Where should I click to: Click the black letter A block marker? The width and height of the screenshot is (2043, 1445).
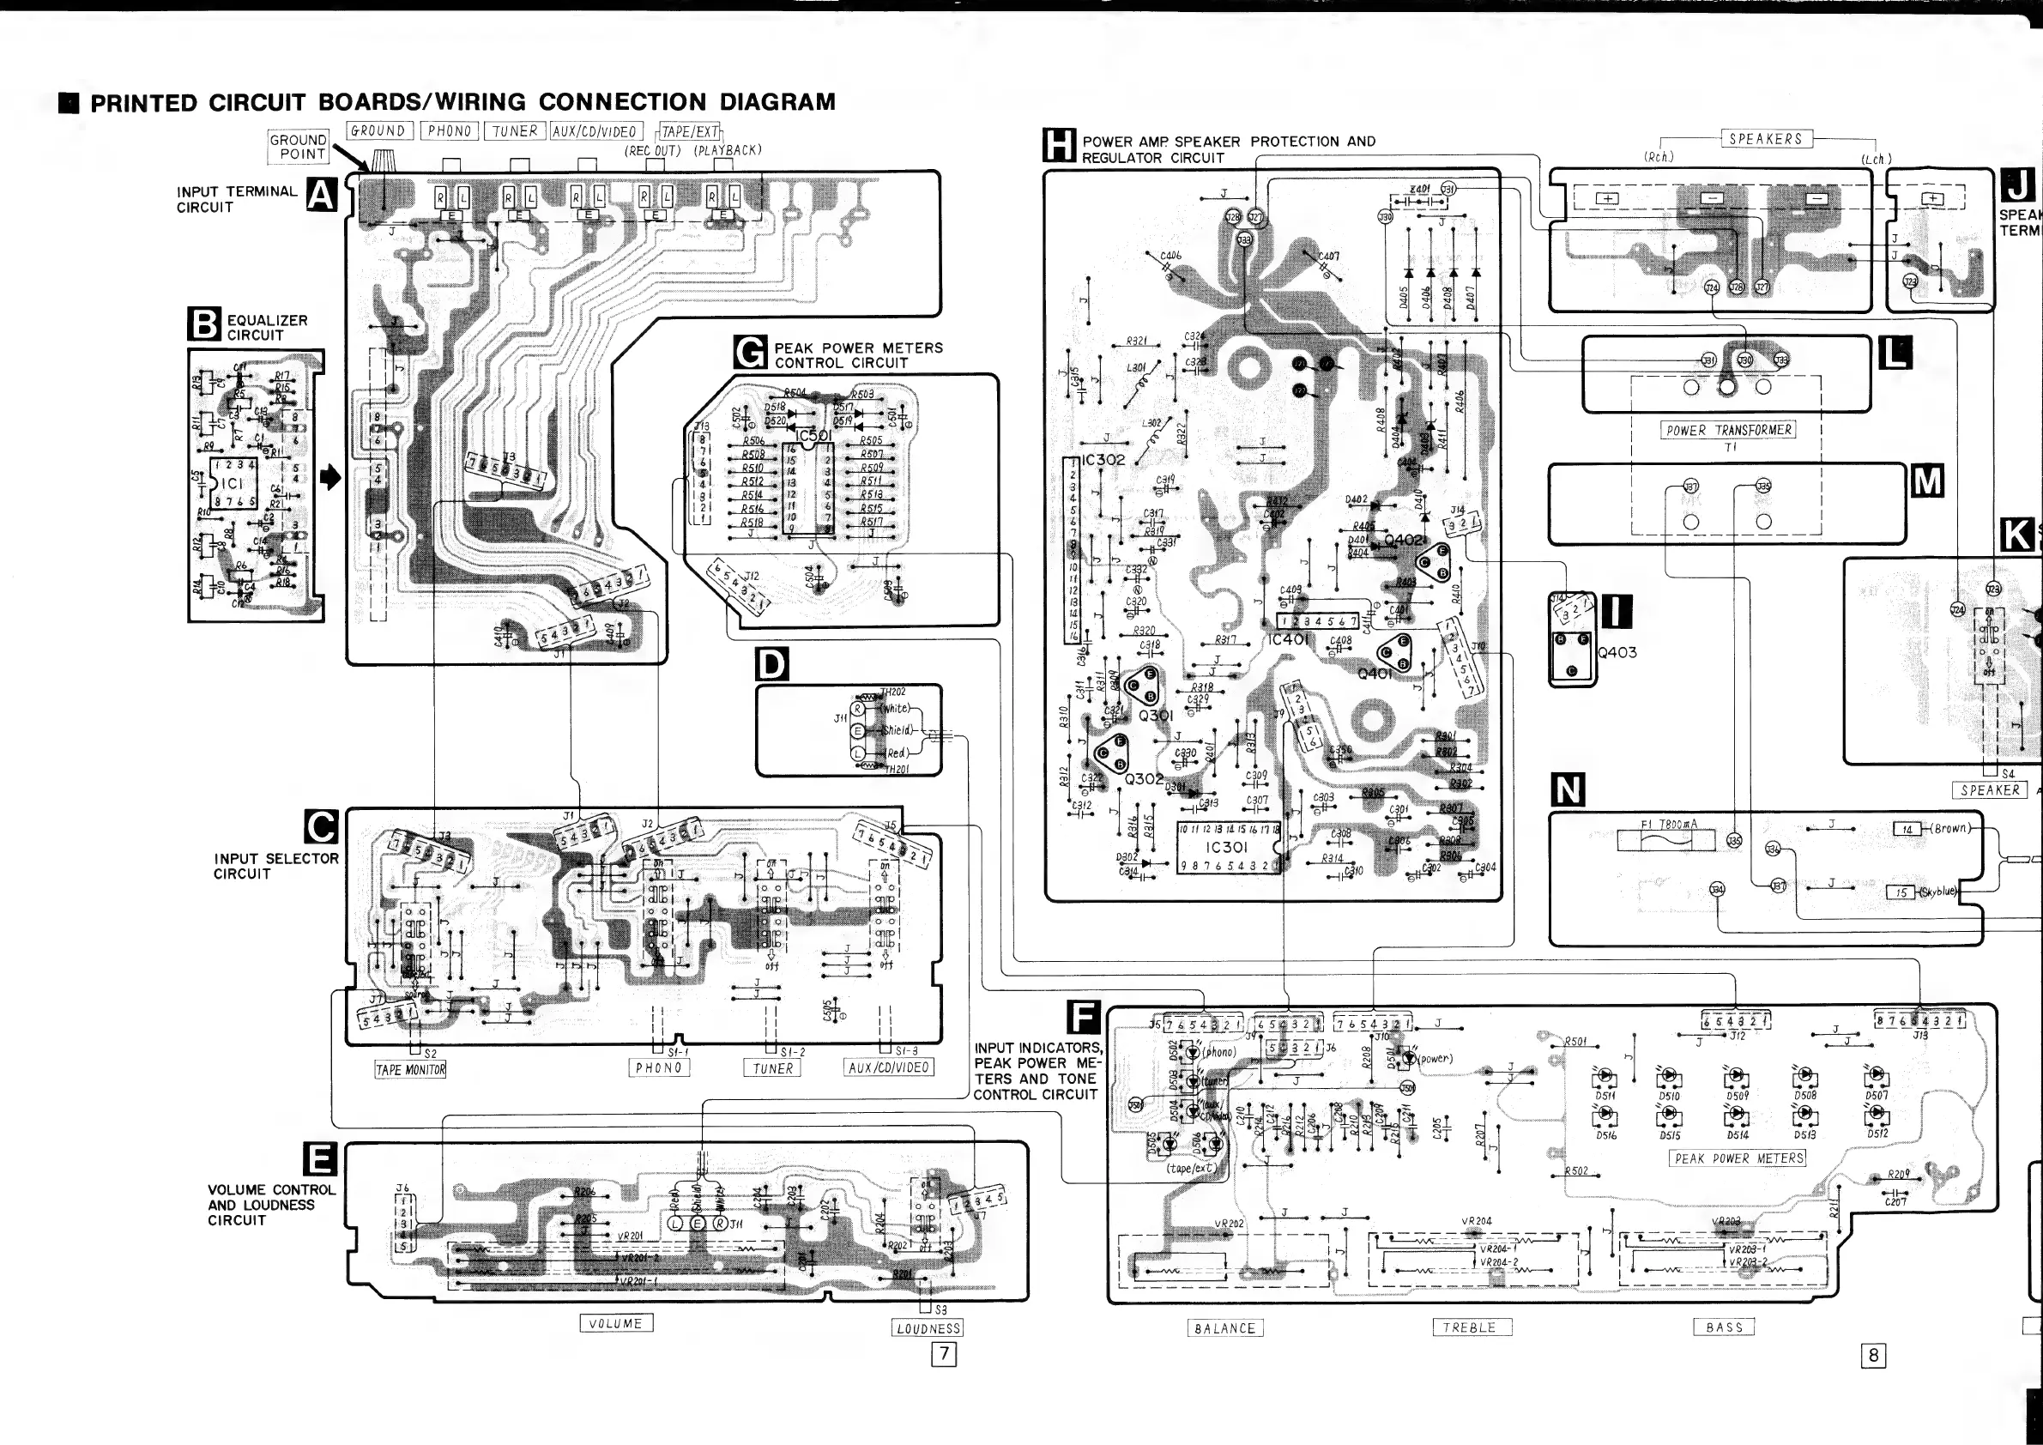click(x=321, y=195)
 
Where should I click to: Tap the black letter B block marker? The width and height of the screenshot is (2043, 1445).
click(x=203, y=323)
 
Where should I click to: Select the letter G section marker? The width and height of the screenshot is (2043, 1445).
click(x=750, y=354)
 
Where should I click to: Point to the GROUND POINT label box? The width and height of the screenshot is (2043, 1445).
click(x=299, y=147)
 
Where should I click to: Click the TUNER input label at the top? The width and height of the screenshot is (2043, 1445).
click(x=515, y=131)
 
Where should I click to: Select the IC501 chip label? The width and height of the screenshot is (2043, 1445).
click(x=814, y=436)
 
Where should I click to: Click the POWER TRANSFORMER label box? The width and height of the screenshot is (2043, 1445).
click(x=1727, y=431)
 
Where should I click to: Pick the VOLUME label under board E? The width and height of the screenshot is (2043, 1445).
click(x=616, y=1323)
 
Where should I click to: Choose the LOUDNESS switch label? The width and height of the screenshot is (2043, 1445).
click(x=928, y=1328)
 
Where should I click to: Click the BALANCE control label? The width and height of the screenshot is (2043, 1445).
click(x=1225, y=1328)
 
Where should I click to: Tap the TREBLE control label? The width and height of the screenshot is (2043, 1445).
click(x=1469, y=1327)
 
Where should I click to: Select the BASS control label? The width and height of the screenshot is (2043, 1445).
click(x=1724, y=1327)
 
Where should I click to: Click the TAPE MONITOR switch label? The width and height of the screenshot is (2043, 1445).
click(x=410, y=1069)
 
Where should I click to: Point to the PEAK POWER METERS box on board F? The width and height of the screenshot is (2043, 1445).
click(x=1737, y=1158)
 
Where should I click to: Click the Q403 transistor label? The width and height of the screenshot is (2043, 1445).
click(x=1617, y=652)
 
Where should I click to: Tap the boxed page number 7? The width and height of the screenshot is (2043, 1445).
click(x=943, y=1354)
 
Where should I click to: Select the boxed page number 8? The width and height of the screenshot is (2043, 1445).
click(x=1873, y=1355)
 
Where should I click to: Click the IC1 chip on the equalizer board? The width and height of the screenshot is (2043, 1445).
click(x=233, y=483)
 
